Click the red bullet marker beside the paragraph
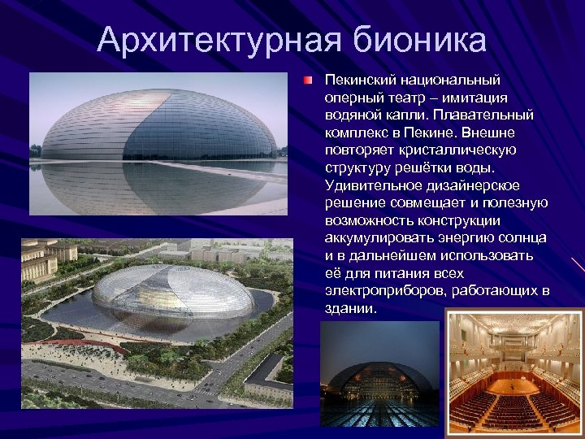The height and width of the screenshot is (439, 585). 309,81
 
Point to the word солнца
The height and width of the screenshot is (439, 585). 525,237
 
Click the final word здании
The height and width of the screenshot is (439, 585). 350,308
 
